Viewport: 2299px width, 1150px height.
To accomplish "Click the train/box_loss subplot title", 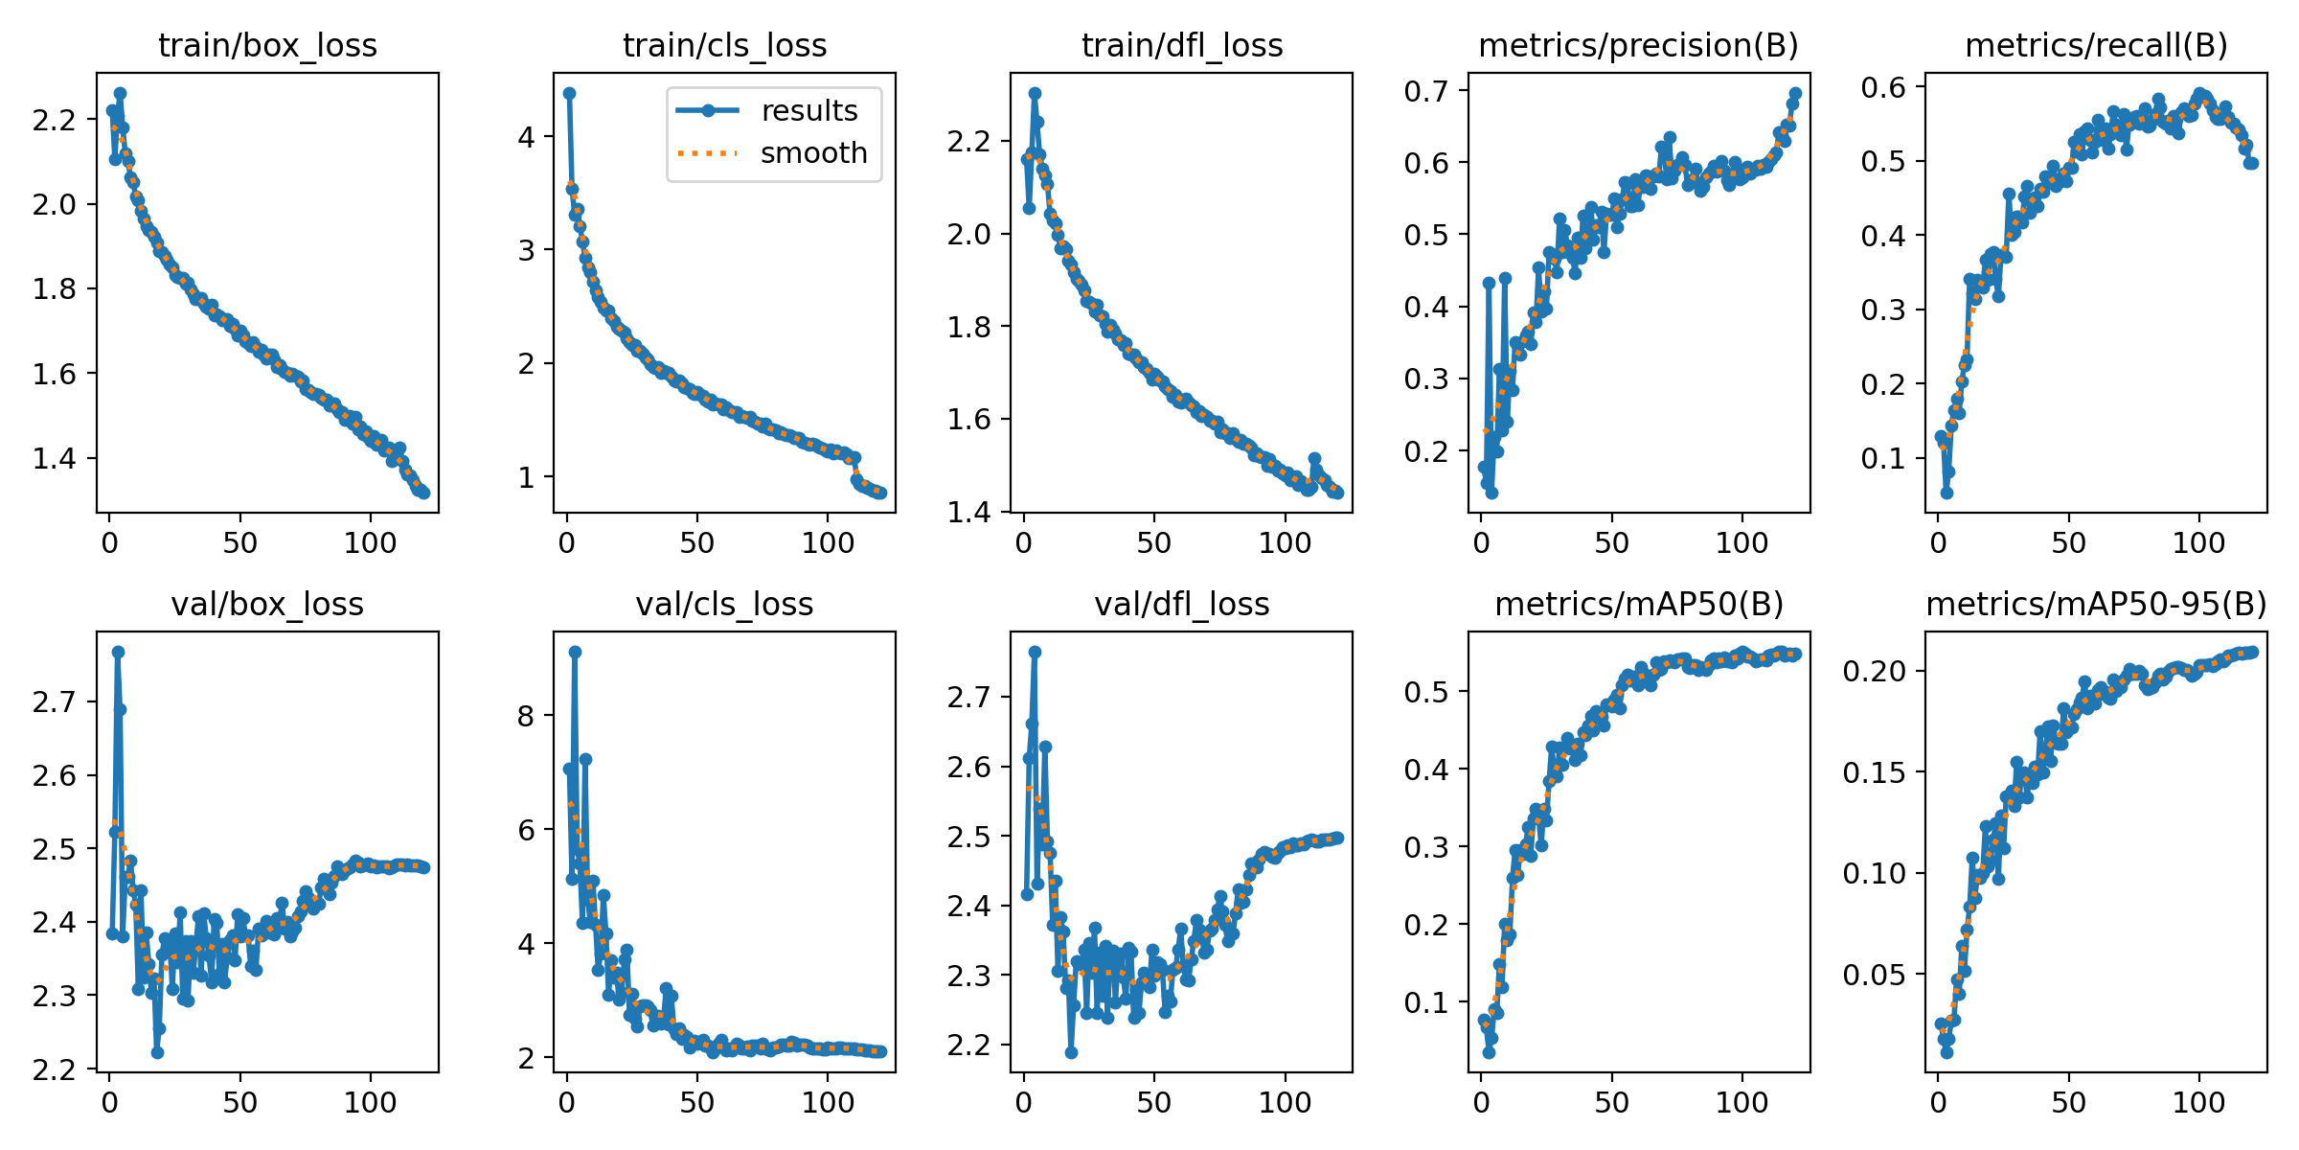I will tap(267, 46).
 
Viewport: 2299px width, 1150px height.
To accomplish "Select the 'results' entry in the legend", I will tap(808, 111).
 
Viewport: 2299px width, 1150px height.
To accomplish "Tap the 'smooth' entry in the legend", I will tap(813, 153).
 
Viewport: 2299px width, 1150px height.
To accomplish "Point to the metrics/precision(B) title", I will tap(1638, 46).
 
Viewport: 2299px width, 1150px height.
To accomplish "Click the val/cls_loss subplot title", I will tap(724, 605).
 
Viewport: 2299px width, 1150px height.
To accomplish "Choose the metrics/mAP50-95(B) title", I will tap(2096, 605).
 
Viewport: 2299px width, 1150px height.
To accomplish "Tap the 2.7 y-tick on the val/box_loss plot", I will tap(54, 702).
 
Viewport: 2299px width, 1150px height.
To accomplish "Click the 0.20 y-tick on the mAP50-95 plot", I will tap(1868, 671).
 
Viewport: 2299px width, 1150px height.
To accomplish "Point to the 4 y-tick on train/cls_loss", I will tap(527, 137).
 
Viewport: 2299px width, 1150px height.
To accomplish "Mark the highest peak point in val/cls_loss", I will tap(575, 652).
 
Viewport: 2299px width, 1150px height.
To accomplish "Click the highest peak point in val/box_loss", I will tap(118, 652).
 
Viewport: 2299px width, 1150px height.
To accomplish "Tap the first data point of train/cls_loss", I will tap(569, 93).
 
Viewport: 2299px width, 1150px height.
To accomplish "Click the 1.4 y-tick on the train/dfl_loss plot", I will tap(968, 512).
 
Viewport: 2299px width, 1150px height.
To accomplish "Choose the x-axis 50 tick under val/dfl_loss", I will tap(1154, 1103).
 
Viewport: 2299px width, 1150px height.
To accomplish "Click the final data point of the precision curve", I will tap(1795, 94).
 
